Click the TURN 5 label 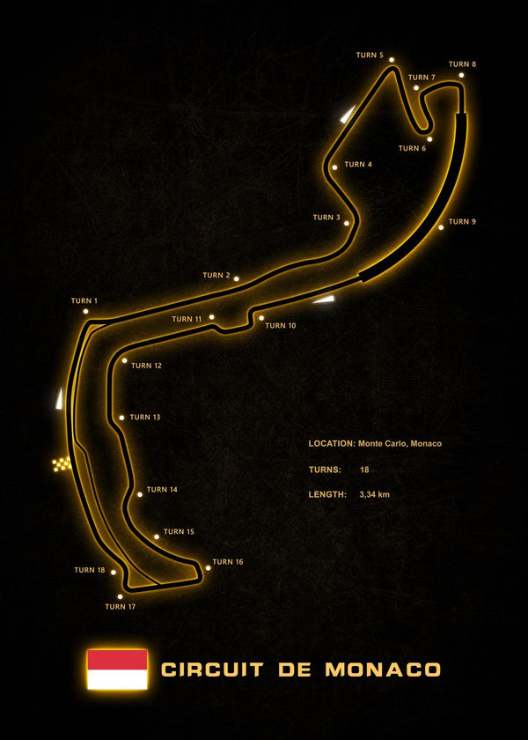click(370, 55)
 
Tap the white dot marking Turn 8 click(461, 75)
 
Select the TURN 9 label click(462, 221)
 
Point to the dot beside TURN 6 click(429, 139)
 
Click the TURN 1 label click(84, 300)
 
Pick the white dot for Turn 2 click(236, 279)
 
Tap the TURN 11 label click(187, 319)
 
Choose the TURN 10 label click(281, 325)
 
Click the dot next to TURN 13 click(121, 418)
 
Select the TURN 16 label click(228, 562)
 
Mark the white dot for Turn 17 click(121, 596)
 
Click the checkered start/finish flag click(62, 464)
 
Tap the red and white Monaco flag click(117, 670)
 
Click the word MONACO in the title click(383, 670)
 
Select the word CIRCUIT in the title click(212, 670)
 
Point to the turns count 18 click(364, 470)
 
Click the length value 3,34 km click(374, 494)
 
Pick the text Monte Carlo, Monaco click(400, 444)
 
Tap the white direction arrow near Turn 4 click(348, 115)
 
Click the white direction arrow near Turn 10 click(324, 300)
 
